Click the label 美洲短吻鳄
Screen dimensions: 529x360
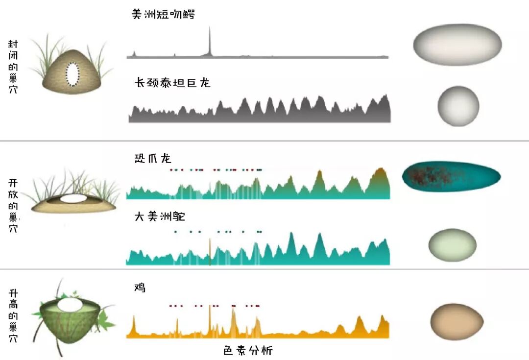163,14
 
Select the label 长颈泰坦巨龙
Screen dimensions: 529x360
172,83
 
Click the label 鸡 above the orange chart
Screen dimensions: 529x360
140,288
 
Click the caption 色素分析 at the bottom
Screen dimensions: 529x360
248,351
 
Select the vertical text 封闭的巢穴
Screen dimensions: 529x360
13,67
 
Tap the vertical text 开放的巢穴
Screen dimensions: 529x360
13,206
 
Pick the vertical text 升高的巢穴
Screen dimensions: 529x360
13,315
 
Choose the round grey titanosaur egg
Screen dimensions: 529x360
458,106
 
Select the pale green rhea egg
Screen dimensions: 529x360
452,245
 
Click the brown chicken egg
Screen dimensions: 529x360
457,321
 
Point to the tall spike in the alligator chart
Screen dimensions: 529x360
210,42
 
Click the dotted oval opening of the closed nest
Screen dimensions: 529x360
73,74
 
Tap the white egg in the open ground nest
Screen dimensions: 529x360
73,199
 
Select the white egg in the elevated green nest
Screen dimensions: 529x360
70,305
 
